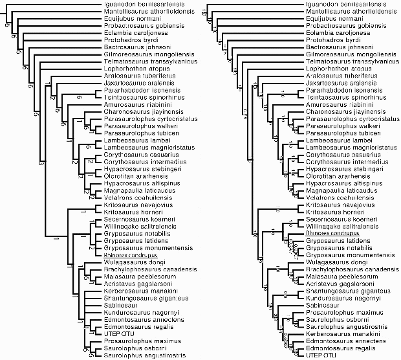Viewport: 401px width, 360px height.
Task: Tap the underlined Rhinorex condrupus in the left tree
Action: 130,255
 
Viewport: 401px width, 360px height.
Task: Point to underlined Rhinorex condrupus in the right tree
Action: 332,234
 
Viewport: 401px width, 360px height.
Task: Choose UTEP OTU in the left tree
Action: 118,333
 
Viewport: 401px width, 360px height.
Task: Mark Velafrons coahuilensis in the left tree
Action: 132,197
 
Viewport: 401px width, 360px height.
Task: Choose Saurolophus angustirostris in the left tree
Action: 144,355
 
